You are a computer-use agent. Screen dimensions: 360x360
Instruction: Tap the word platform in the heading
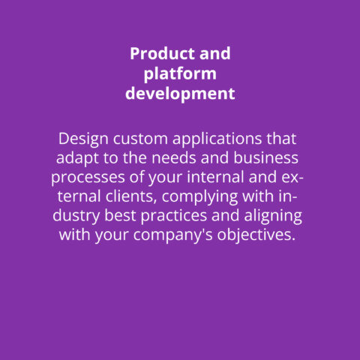(180, 75)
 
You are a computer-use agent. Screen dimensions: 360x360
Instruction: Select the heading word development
(180, 94)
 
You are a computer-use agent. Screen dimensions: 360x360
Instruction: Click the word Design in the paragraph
(83, 139)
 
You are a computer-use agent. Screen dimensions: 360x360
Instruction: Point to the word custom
(140, 139)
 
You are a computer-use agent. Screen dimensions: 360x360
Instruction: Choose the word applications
(217, 139)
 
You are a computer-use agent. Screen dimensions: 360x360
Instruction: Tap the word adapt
(77, 159)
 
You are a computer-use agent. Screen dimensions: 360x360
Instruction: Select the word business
(266, 158)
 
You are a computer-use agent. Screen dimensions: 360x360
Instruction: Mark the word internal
(215, 177)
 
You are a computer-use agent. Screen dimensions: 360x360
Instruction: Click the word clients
(131, 196)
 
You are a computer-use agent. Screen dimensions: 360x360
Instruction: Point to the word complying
(199, 197)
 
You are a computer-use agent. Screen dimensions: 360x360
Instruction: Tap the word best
(120, 215)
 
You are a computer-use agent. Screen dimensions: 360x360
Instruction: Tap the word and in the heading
(215, 53)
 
